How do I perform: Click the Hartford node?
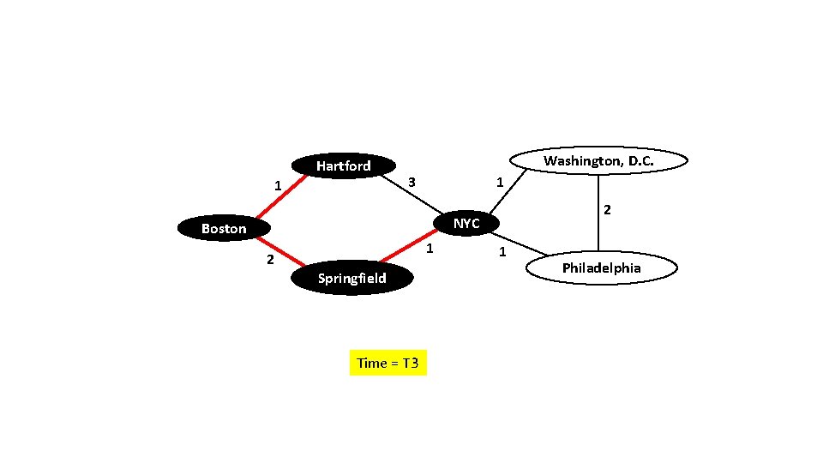pos(343,165)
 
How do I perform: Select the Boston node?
pos(223,228)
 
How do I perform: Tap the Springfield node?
pos(351,278)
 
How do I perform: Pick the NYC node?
pos(466,223)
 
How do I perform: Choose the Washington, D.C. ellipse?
pos(598,160)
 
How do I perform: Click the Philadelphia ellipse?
pos(601,268)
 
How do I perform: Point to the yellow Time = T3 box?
pos(387,363)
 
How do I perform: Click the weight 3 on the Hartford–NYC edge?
pos(411,182)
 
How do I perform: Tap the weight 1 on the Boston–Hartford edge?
pos(277,185)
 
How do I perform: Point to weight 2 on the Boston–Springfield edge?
pos(269,260)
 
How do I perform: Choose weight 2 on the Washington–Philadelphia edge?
pos(607,209)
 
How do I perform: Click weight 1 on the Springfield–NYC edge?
pos(430,249)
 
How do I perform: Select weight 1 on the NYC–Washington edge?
pos(500,182)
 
